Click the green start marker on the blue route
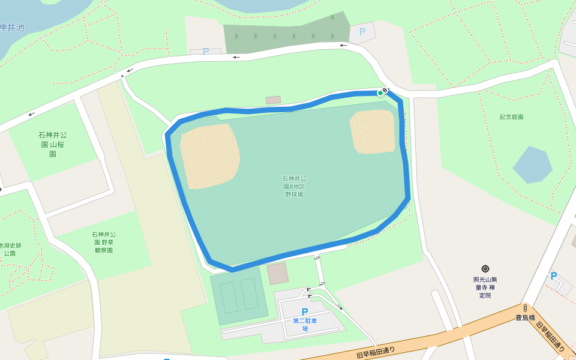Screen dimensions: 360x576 pyautogui.click(x=380, y=92)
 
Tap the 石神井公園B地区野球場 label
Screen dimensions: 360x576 pyautogui.click(x=294, y=187)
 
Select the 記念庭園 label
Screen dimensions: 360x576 pyautogui.click(x=511, y=117)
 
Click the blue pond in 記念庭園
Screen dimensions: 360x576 pyautogui.click(x=532, y=164)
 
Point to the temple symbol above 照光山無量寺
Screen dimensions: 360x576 pyautogui.click(x=485, y=269)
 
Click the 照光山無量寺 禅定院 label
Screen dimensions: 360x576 pyautogui.click(x=485, y=287)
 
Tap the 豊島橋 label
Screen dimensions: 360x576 pyautogui.click(x=525, y=317)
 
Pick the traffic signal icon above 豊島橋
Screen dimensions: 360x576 pyautogui.click(x=524, y=308)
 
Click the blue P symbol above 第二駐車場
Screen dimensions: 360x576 pyautogui.click(x=305, y=311)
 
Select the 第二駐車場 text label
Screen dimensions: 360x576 pyautogui.click(x=305, y=325)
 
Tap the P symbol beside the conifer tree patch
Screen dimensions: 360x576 pyautogui.click(x=362, y=32)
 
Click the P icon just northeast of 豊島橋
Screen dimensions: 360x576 pyautogui.click(x=554, y=276)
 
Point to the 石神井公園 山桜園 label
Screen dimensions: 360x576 pyautogui.click(x=53, y=145)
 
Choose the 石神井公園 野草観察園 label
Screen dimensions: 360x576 pyautogui.click(x=104, y=242)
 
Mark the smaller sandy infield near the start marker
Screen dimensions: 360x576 pyautogui.click(x=373, y=131)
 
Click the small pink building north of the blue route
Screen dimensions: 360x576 pyautogui.click(x=273, y=100)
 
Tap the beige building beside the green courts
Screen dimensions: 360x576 pyautogui.click(x=278, y=274)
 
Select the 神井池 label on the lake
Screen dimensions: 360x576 pyautogui.click(x=12, y=28)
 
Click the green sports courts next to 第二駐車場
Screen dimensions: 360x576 pyautogui.click(x=239, y=296)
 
